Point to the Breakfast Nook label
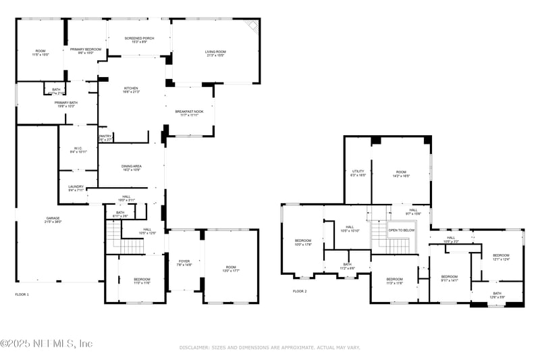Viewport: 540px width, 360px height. coord(190,113)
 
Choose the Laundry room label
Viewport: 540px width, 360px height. coord(76,188)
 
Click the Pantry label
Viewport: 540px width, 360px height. coord(105,138)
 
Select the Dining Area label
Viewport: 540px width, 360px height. coord(132,168)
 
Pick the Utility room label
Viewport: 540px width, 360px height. coord(358,173)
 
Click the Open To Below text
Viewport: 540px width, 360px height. coord(402,230)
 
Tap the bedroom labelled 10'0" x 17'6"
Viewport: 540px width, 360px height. coord(303,242)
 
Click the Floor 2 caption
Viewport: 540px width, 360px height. coord(300,291)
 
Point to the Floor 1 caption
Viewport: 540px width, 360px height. coord(23,294)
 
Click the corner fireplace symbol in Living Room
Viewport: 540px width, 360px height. coord(252,26)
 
